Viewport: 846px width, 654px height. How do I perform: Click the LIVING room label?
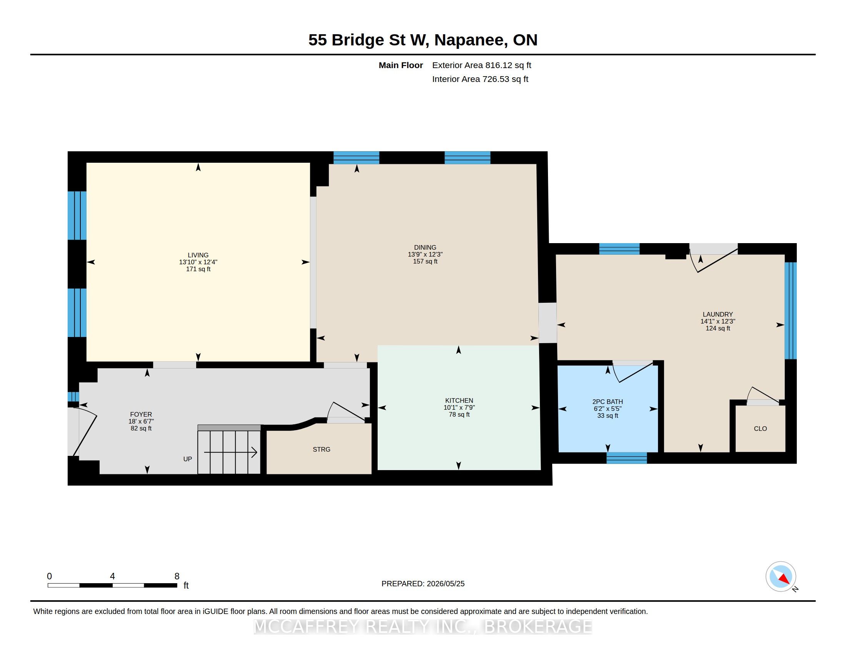tap(198, 255)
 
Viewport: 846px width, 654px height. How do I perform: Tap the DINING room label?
tap(425, 247)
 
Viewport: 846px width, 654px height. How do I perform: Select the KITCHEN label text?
tap(459, 400)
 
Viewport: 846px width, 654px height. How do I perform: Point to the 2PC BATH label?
tap(607, 402)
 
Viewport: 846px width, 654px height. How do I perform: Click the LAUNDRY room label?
tap(718, 314)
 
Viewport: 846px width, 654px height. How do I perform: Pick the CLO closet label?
tap(760, 429)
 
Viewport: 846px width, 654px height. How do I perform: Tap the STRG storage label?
tap(321, 449)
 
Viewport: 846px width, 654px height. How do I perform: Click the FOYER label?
tap(141, 414)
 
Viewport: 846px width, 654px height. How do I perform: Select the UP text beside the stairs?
tap(188, 459)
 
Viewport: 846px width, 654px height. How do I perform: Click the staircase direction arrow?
tap(230, 452)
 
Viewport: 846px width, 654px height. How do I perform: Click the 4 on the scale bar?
tap(112, 576)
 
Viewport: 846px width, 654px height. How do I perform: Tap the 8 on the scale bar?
tap(177, 576)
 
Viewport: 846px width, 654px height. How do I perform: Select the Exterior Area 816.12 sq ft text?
tap(481, 65)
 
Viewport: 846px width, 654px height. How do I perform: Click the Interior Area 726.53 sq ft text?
tap(480, 79)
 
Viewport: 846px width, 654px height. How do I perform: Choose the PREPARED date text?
tap(423, 584)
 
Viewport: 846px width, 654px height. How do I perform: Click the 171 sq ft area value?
tap(198, 269)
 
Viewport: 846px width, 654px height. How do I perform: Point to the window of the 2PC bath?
tap(626, 458)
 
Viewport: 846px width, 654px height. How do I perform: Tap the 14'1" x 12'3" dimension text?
tap(718, 321)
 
